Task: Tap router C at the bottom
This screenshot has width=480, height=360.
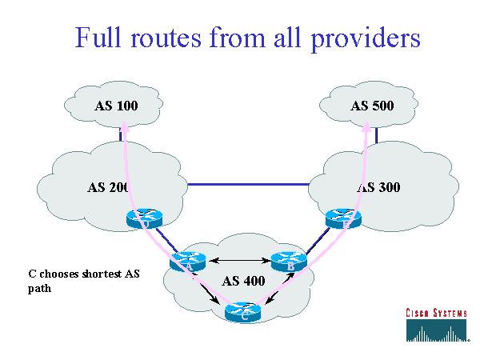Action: point(243,311)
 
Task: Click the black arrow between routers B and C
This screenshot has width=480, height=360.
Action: point(278,290)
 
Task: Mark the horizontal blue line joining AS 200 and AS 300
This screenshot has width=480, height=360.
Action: point(248,182)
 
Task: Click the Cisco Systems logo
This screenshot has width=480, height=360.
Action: point(435,323)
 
